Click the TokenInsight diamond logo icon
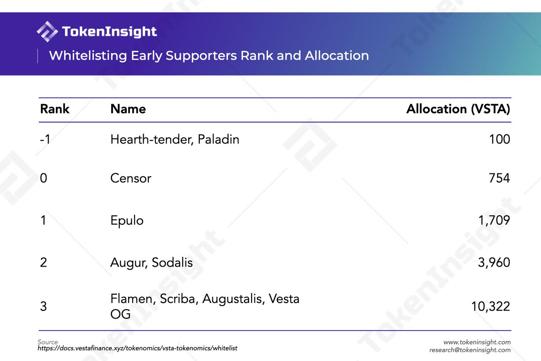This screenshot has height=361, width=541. click(47, 31)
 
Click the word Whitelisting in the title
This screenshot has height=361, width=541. click(88, 55)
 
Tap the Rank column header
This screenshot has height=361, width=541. click(55, 109)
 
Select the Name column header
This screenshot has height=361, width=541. click(128, 109)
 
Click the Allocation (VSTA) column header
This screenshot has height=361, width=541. click(458, 109)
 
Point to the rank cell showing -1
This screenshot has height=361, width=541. click(45, 139)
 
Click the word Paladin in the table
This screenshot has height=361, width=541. click(219, 139)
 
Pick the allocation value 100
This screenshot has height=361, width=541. click(500, 139)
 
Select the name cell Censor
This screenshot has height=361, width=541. click(131, 178)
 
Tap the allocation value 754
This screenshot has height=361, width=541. click(499, 178)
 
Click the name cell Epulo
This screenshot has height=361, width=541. click(127, 220)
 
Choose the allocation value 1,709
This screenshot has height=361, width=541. click(494, 220)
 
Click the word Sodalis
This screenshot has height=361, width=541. click(172, 262)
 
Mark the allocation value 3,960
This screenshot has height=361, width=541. click(494, 262)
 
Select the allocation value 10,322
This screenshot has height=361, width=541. click(491, 306)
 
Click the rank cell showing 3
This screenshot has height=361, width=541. click(44, 306)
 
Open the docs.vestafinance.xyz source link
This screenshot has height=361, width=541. click(137, 348)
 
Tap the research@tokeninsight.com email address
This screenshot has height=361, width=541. click(470, 350)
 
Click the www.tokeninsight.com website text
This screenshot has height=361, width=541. click(477, 342)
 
